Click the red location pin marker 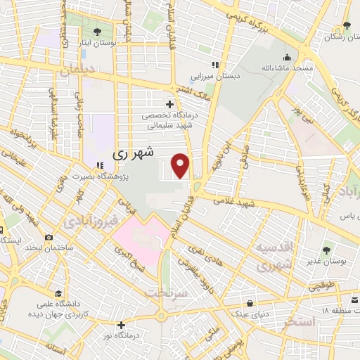pyautogui.click(x=181, y=165)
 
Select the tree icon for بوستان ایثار pyautogui.click(x=96, y=31)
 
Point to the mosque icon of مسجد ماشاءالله pyautogui.click(x=285, y=58)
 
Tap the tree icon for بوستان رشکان pyautogui.click(x=345, y=26)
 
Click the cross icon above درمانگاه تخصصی pyautogui.click(x=169, y=104)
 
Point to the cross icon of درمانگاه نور pyautogui.click(x=122, y=325)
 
